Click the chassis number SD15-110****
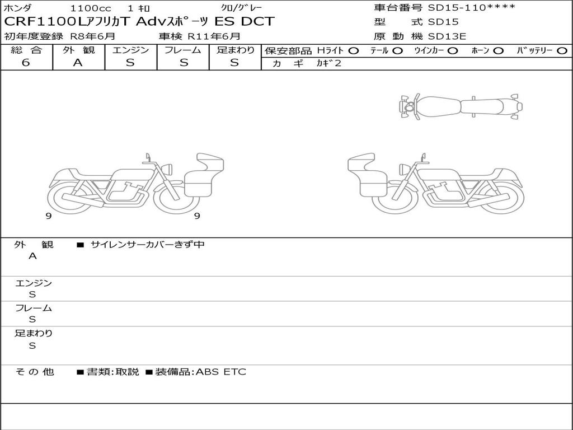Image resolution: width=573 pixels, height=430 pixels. tap(471, 8)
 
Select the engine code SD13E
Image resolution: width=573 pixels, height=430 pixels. tap(447, 36)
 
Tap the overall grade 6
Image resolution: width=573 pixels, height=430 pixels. tap(26, 63)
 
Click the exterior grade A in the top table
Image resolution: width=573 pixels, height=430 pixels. tap(78, 63)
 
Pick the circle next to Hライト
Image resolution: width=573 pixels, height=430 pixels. tap(354, 51)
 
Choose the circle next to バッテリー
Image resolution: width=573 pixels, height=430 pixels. tap(562, 51)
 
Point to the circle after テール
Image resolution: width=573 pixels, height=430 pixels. tap(398, 51)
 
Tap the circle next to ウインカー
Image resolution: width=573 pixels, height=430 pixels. tap(453, 51)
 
